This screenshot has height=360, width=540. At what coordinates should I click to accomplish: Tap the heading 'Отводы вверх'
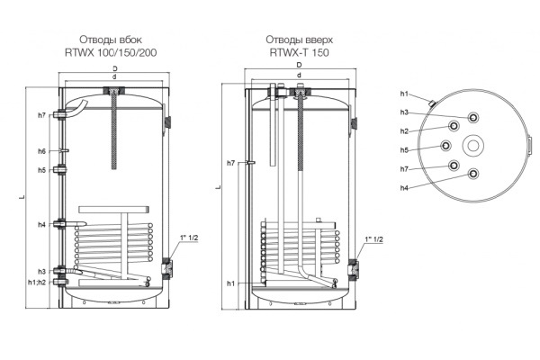295,40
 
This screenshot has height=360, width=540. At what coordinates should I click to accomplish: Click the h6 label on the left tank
42,150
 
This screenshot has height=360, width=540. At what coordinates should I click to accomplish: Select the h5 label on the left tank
42,169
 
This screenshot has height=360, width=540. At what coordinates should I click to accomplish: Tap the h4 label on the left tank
42,224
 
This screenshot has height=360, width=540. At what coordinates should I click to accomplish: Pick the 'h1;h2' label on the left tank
38,282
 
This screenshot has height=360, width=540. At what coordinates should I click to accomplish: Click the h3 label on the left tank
42,271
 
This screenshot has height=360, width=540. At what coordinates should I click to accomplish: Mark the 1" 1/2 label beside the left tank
191,237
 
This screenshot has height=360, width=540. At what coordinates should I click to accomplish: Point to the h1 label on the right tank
231,283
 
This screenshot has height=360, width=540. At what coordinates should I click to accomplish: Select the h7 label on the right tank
231,163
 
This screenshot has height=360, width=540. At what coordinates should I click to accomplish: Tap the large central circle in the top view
474,146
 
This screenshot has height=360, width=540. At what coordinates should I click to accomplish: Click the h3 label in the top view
406,112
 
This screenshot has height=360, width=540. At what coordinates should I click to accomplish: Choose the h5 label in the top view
406,149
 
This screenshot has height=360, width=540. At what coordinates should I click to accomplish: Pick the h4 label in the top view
406,187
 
